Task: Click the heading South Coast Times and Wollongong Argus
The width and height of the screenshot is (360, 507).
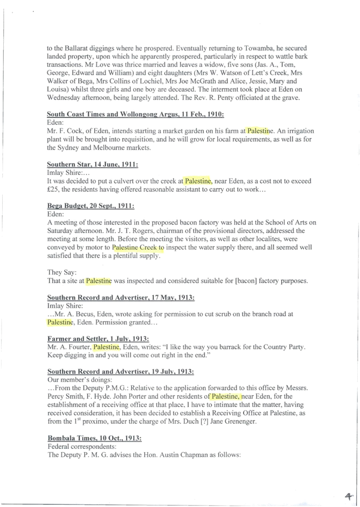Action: [x=135, y=114]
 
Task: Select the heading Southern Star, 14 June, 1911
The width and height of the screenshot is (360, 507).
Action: [x=92, y=164]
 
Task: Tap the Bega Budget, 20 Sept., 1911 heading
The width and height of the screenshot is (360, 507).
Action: [x=91, y=206]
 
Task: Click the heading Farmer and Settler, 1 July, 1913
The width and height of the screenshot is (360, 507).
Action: [x=98, y=339]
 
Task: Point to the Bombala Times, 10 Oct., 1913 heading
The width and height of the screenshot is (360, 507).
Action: [x=95, y=438]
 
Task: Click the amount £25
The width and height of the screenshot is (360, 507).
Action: [x=52, y=189]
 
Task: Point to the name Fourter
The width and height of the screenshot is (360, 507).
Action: [x=80, y=347]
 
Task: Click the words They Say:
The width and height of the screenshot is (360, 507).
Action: [x=62, y=272]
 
